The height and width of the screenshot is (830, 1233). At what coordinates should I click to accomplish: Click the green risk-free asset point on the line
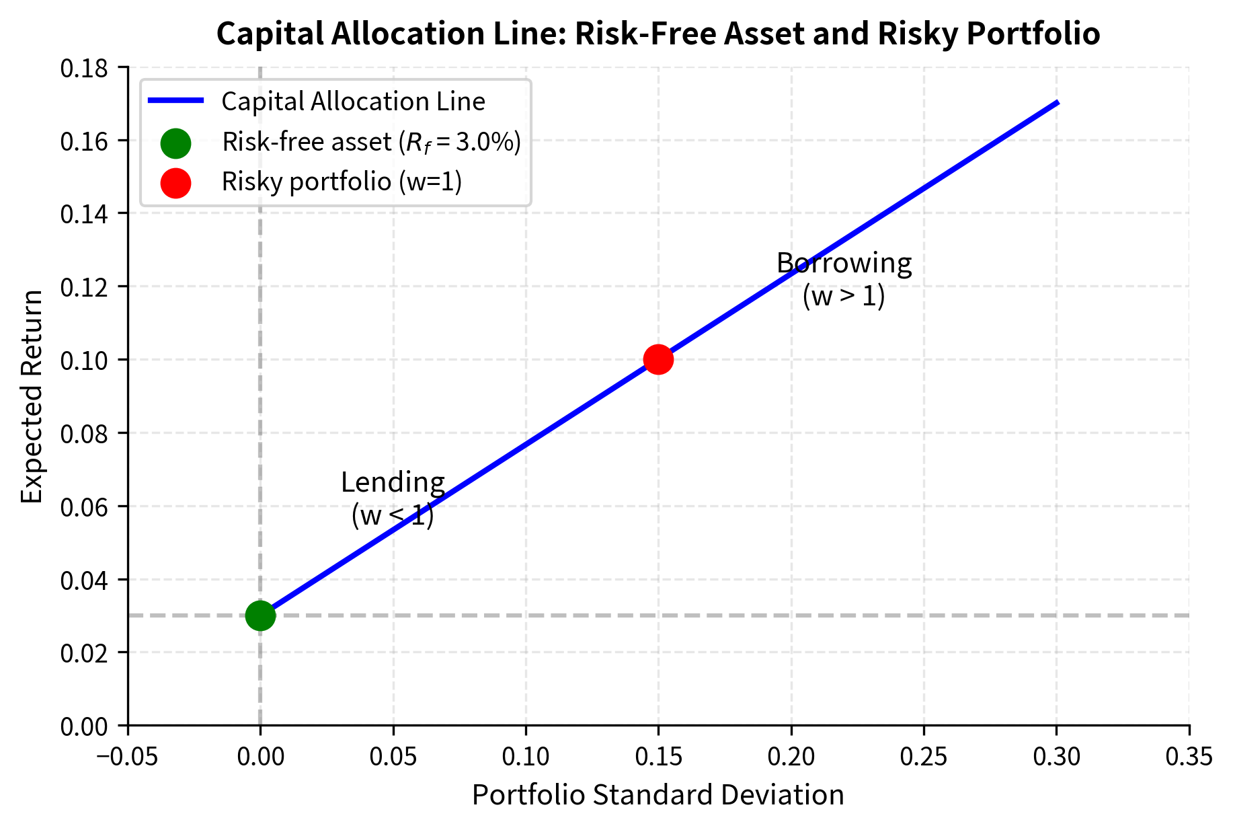260,615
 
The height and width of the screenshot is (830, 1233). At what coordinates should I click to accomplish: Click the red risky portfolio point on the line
658,359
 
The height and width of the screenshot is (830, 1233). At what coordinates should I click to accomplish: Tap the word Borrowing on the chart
844,263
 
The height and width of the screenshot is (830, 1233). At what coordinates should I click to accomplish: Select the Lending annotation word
393,482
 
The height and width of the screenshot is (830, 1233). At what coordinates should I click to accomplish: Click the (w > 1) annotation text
844,296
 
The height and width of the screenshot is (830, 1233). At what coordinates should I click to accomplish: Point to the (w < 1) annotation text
393,516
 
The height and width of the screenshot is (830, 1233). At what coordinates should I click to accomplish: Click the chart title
658,34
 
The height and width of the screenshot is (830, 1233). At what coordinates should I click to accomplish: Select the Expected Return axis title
32,396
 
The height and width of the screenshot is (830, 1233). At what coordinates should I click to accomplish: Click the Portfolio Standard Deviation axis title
658,795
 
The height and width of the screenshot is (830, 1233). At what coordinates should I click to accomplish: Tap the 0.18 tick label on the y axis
84,68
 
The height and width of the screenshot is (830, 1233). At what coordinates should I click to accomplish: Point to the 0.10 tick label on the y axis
84,360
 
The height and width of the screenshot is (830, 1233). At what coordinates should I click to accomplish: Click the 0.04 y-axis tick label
84,580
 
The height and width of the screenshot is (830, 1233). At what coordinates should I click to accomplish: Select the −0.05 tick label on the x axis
127,757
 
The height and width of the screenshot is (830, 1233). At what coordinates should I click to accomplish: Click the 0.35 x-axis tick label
1189,757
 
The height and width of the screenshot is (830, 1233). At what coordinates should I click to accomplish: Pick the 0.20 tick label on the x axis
791,757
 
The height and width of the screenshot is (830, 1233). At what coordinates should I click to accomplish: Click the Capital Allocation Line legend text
353,102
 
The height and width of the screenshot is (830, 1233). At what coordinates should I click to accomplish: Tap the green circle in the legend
175,143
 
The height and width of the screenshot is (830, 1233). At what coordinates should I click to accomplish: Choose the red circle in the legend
175,182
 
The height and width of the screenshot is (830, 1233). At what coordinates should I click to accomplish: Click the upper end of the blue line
1057,103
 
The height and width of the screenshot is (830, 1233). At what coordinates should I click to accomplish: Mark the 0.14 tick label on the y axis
84,214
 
